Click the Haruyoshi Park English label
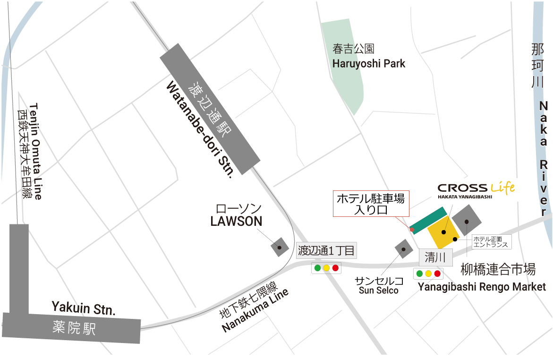[369, 63]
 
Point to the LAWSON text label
[236, 221]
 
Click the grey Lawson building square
[279, 247]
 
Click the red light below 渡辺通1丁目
[335, 268]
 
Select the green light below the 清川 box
[419, 274]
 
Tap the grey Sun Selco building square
[404, 249]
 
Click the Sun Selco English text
[379, 290]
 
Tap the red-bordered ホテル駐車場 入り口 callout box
[370, 204]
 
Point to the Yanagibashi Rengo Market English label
[482, 287]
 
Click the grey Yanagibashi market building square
[467, 221]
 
